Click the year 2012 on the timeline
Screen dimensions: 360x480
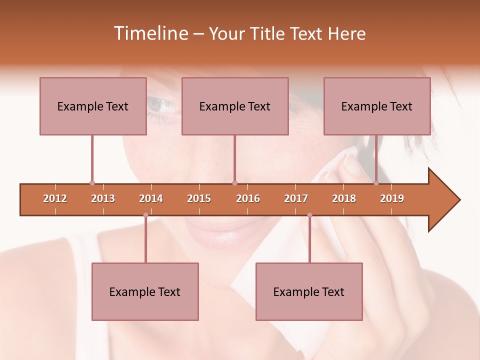tap(55, 198)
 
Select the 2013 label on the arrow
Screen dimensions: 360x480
tap(103, 198)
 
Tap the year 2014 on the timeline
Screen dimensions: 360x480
tap(151, 198)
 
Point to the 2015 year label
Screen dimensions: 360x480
tap(199, 198)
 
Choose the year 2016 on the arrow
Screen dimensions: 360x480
tap(248, 198)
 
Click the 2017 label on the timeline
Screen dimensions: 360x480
tap(296, 198)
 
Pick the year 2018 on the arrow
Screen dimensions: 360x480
tap(344, 198)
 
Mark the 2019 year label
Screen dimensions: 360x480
tap(392, 198)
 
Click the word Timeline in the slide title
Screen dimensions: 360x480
tap(150, 33)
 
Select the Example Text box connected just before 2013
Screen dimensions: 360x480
tap(93, 106)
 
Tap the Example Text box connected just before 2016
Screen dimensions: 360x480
tap(235, 106)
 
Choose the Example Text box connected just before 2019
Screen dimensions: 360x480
tap(377, 106)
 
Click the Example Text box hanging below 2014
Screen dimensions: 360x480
tap(145, 291)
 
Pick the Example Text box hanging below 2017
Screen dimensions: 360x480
tap(309, 291)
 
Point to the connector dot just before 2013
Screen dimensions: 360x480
tap(92, 183)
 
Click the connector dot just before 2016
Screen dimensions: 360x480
tap(234, 183)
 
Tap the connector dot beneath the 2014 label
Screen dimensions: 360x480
tap(145, 215)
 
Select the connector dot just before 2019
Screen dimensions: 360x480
tap(376, 183)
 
